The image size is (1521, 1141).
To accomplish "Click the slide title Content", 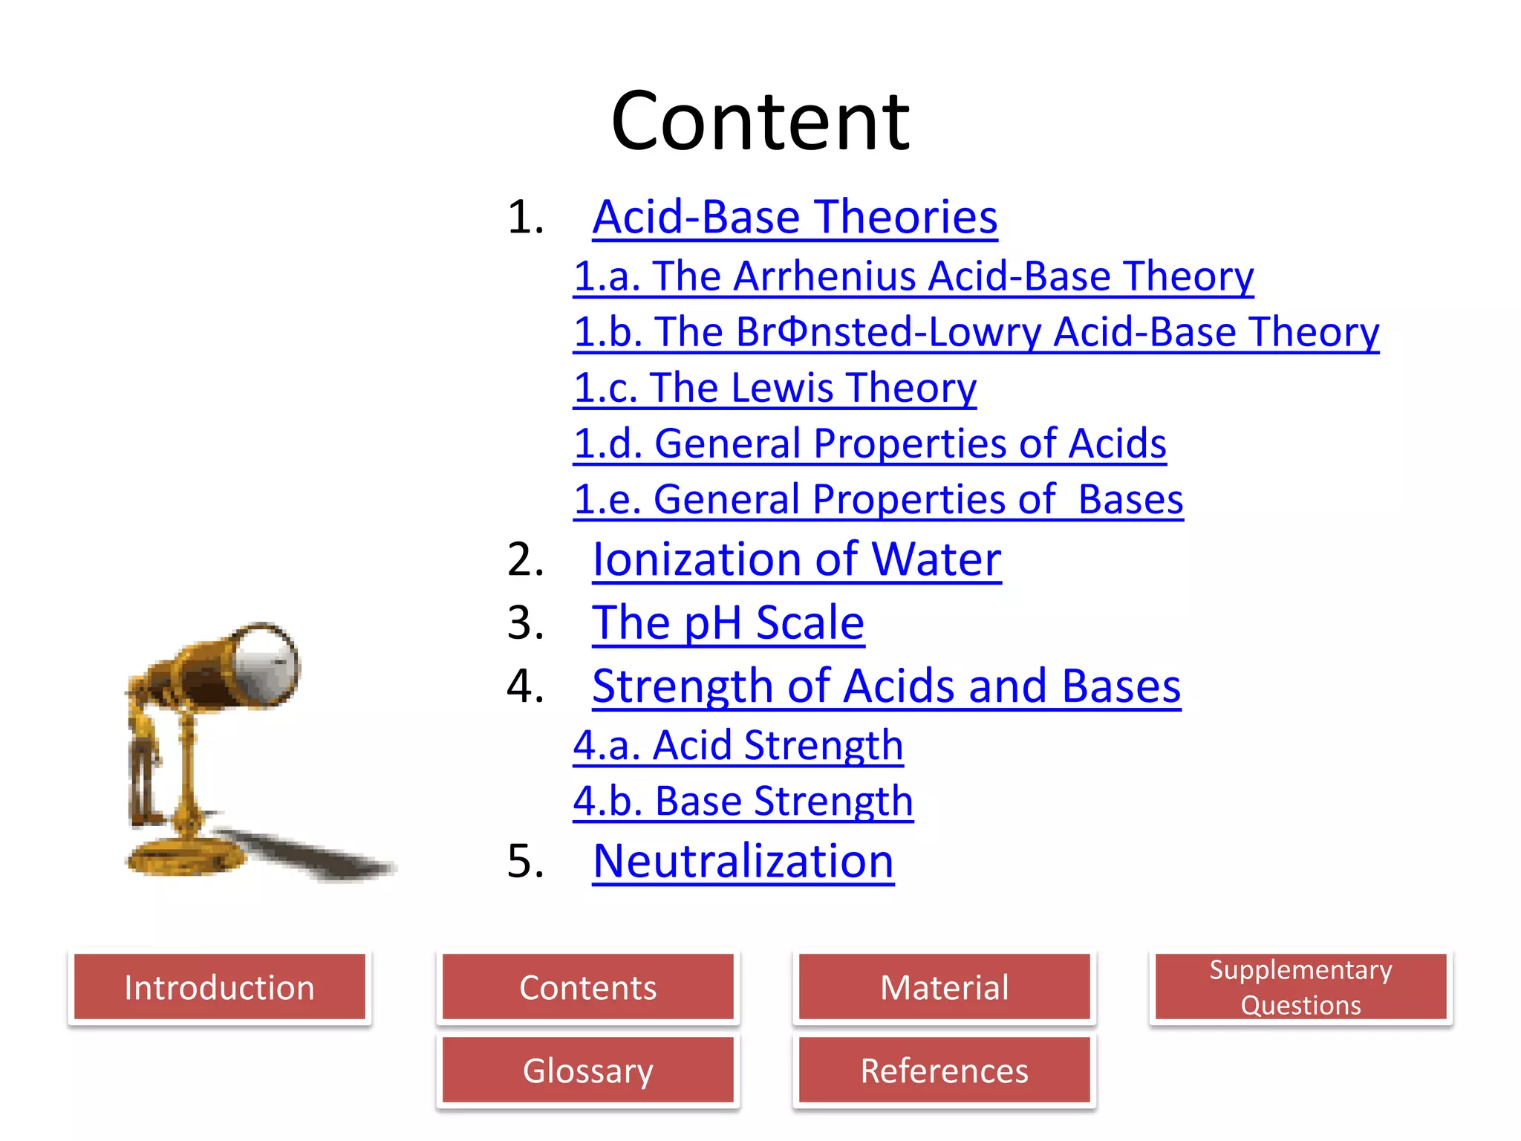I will click(760, 120).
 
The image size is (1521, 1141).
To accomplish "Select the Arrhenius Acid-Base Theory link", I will click(913, 276).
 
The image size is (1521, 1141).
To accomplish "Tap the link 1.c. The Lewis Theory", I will click(775, 388).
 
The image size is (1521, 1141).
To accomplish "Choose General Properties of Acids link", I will click(870, 443).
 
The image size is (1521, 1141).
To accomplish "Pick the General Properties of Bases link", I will click(878, 499).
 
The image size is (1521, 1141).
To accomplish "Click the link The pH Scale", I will click(728, 622).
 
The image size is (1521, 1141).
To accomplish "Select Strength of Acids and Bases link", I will click(886, 686).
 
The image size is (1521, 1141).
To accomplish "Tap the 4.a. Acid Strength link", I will click(738, 745).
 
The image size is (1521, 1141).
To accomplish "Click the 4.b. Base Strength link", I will click(743, 802).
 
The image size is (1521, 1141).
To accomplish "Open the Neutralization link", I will click(743, 862).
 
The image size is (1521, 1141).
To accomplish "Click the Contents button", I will click(587, 987).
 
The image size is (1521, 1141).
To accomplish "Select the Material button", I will click(944, 987).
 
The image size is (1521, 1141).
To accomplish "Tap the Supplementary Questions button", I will click(1300, 987).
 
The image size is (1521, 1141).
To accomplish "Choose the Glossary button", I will click(587, 1070).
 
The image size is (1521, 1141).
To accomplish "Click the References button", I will click(944, 1070).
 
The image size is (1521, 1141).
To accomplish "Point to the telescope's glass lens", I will click(266, 663).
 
